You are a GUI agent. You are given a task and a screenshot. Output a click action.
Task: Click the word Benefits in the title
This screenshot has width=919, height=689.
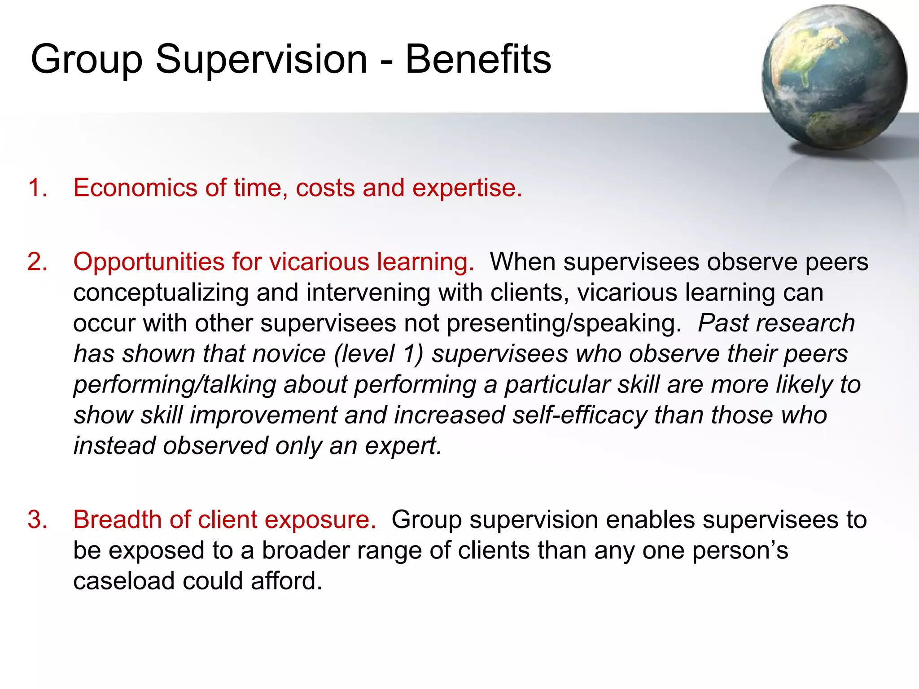(x=478, y=60)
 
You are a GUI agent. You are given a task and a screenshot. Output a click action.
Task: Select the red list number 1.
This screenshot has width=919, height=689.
(x=37, y=188)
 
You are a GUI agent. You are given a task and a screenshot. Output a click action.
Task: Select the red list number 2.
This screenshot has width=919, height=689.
(x=37, y=262)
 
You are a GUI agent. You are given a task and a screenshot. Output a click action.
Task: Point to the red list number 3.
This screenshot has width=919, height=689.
(x=37, y=520)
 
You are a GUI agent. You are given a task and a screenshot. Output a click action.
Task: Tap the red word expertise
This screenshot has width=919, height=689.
(x=467, y=188)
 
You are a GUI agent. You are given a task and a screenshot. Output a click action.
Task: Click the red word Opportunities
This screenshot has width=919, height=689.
(x=149, y=262)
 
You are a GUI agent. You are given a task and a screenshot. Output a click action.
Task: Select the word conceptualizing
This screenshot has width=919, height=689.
(x=161, y=293)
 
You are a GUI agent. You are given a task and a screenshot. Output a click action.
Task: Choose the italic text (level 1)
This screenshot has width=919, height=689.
(x=379, y=354)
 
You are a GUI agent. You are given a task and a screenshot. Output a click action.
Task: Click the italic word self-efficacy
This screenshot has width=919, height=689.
(x=579, y=415)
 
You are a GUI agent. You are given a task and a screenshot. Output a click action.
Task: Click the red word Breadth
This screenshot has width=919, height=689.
(x=117, y=520)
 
